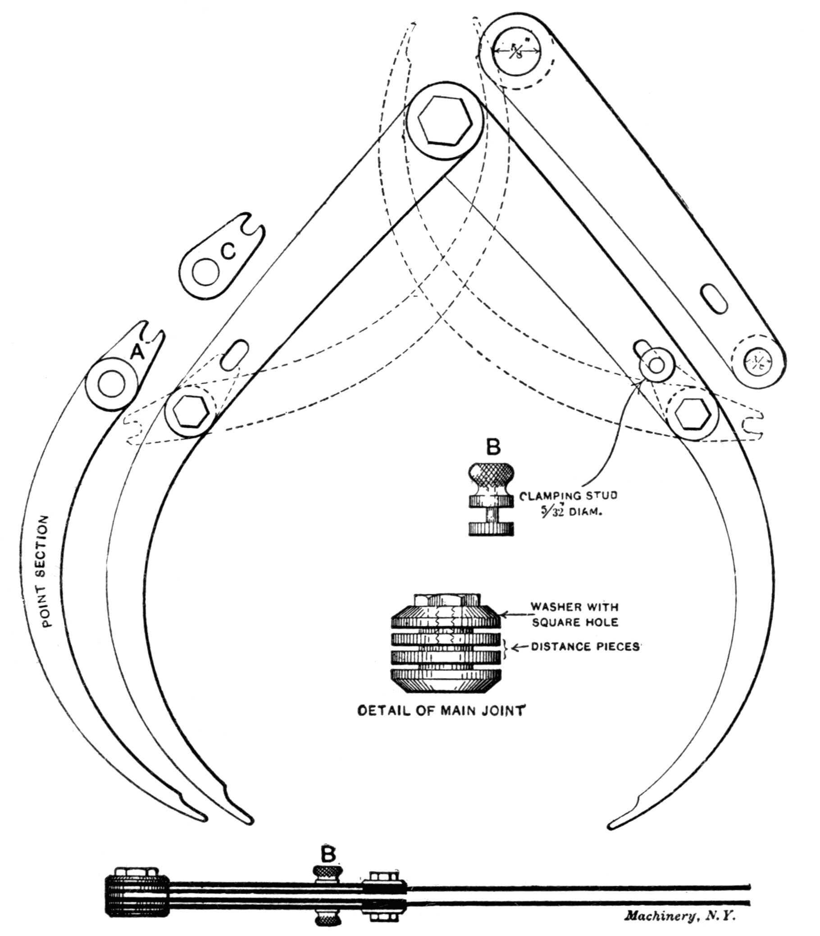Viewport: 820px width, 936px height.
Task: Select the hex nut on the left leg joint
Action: click(188, 410)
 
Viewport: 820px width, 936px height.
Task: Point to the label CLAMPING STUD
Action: click(568, 496)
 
